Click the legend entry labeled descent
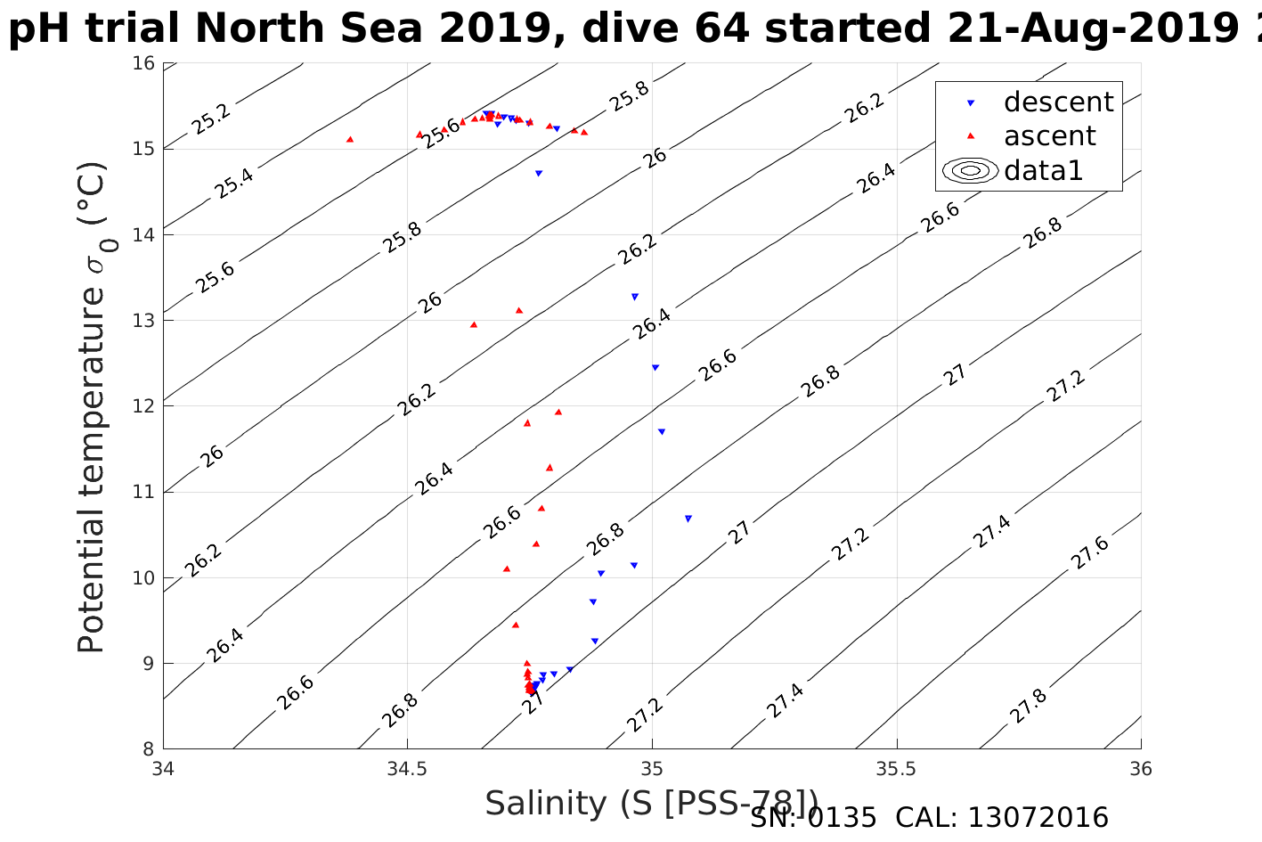tap(1058, 102)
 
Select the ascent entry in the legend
tap(1049, 136)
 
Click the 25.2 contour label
tap(211, 119)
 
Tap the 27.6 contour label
tap(1090, 552)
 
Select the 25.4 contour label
tap(234, 183)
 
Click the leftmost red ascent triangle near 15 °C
tap(350, 139)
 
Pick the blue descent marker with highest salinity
tap(688, 519)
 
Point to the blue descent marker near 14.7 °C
tap(538, 173)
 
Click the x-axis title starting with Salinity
tap(651, 804)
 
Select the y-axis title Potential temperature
tap(92, 407)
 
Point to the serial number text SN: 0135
tap(813, 818)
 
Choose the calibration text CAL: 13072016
tap(1002, 818)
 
